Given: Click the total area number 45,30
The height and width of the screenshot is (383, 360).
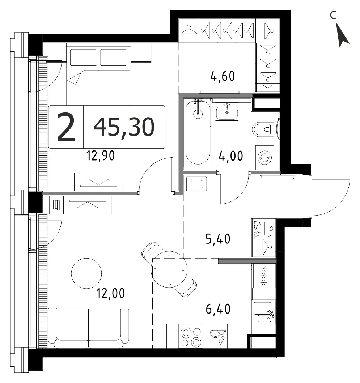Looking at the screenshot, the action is click(124, 127).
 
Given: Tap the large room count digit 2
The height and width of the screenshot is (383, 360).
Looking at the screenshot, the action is click(66, 127).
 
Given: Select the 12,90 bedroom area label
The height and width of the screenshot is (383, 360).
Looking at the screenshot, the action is click(101, 156).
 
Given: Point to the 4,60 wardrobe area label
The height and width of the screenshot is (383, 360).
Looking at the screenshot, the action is click(223, 76).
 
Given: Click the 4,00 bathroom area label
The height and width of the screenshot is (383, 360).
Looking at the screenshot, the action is click(231, 156).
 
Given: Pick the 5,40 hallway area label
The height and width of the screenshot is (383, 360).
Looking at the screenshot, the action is click(218, 239).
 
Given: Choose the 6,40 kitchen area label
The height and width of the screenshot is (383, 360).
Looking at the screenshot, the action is click(218, 309).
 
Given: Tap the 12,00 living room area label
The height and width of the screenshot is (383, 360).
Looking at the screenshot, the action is click(111, 293).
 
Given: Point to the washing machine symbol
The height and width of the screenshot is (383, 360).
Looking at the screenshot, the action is click(264, 158).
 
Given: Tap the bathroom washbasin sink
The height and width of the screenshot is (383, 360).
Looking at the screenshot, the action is click(226, 111).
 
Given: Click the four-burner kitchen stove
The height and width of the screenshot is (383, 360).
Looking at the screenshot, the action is click(191, 337).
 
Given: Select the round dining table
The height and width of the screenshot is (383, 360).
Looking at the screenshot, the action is click(169, 269).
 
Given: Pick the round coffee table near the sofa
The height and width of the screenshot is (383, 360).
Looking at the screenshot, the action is click(86, 273).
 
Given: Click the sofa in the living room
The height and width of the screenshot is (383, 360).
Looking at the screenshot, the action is click(89, 328).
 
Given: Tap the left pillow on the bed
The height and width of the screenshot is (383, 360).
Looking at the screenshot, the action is click(84, 58).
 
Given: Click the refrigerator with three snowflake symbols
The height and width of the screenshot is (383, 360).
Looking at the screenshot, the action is click(264, 276).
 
